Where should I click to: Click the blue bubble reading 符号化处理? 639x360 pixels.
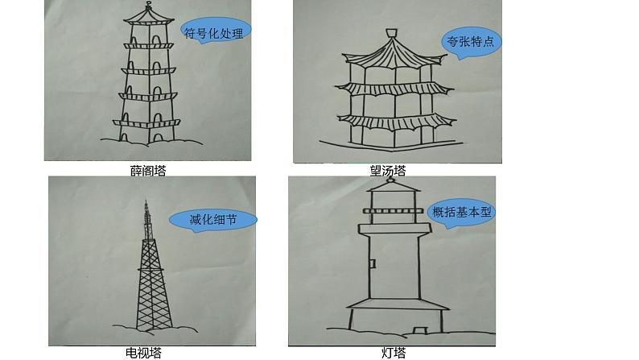pos(215,31)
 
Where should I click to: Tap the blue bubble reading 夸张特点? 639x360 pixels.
pos(471,42)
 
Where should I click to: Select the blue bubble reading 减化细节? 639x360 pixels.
pos(213,220)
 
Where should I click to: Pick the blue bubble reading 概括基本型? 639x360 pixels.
pos(461,213)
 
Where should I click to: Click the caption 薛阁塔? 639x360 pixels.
pos(148,171)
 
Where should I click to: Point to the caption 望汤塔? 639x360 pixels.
pos(388,171)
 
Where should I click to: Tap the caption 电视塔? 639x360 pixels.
pos(143,353)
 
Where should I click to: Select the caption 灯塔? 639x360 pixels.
pos(394,353)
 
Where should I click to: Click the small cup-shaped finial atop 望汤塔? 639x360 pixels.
pos(392,32)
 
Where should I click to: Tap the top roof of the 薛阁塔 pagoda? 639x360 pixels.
pos(149,17)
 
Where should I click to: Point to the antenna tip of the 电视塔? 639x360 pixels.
pos(146,201)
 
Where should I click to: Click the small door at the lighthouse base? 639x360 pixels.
pos(419,330)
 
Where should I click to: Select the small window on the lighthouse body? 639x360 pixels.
pos(373,263)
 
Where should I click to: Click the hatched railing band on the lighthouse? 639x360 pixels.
pos(394,211)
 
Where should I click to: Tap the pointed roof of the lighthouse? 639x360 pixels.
pos(394,186)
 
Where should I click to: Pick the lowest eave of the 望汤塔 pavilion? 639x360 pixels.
pos(395,122)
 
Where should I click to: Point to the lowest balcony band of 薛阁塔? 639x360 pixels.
pos(146,122)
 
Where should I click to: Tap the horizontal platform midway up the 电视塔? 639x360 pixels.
pos(150,270)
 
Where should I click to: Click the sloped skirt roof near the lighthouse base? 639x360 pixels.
pos(398,304)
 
